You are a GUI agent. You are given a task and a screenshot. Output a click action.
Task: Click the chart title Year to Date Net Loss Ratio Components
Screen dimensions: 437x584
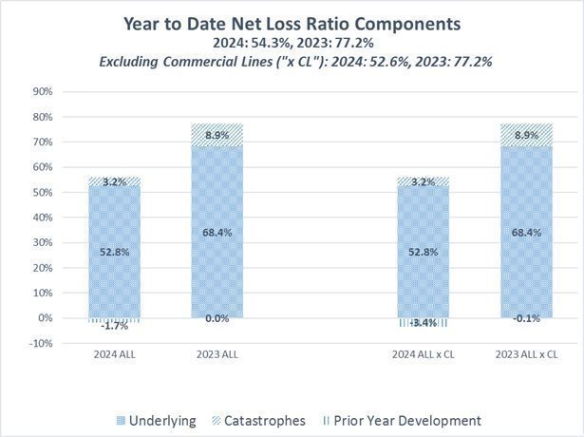(x=292, y=24)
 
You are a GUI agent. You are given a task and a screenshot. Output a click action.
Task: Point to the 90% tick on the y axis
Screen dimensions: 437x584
(x=41, y=92)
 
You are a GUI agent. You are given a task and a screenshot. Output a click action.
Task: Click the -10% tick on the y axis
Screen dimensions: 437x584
(x=39, y=343)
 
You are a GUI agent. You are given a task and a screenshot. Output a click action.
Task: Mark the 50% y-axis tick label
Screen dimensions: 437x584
(x=41, y=193)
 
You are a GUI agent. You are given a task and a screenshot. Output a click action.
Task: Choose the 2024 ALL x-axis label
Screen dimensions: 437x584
(x=114, y=356)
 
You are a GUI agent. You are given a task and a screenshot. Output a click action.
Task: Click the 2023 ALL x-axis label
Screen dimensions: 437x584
(x=217, y=356)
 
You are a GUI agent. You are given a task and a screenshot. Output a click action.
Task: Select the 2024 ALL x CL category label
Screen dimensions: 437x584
(x=422, y=356)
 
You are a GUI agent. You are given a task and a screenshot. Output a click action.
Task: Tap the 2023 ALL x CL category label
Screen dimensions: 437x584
(x=525, y=356)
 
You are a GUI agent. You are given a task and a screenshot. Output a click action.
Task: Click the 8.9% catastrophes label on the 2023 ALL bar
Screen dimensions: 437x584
(x=217, y=135)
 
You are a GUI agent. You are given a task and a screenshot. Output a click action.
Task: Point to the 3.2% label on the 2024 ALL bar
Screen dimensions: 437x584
(x=114, y=180)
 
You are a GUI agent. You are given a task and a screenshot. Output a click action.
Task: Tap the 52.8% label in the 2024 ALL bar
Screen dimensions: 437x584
(x=114, y=252)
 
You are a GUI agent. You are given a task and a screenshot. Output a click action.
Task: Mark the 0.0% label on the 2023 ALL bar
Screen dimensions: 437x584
(x=217, y=319)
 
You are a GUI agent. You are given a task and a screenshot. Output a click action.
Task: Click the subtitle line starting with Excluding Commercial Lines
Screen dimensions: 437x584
(x=292, y=62)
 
